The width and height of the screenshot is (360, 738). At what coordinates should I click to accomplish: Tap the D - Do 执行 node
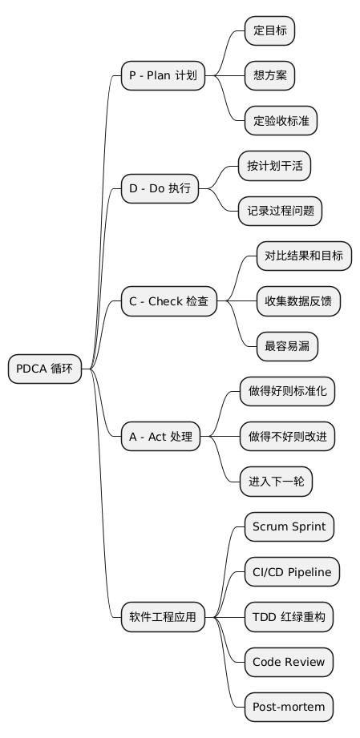coord(160,189)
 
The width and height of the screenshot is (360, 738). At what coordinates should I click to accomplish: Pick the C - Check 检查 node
coord(168,302)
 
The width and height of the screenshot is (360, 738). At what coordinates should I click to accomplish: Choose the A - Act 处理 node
coord(160,437)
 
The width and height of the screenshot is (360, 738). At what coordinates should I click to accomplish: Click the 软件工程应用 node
coord(163,617)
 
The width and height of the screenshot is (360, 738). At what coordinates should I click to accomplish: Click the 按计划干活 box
coord(274,167)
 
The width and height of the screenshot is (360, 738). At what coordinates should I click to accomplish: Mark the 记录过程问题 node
coord(280,212)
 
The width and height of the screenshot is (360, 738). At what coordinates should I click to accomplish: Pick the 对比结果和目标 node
coord(303,256)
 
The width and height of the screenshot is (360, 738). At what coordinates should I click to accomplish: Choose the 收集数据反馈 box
coord(297,302)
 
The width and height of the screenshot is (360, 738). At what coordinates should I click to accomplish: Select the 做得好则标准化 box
coord(287,392)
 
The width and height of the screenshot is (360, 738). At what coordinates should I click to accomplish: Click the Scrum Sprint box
coord(289,527)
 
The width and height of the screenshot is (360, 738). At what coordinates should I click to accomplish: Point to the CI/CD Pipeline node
coord(292,572)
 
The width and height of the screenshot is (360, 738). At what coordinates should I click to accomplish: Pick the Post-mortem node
coord(289,707)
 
